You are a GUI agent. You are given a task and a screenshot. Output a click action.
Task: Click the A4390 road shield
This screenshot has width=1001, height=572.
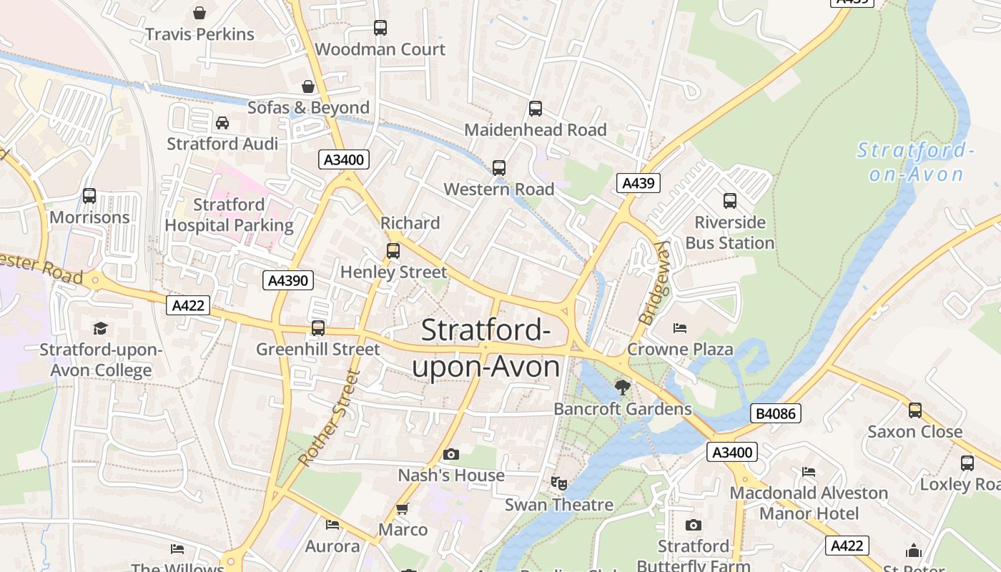pyautogui.click(x=288, y=280)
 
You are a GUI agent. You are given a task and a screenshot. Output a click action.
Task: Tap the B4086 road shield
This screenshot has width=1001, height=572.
pyautogui.click(x=776, y=413)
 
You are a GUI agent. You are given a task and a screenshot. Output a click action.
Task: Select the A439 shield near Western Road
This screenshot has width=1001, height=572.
pyautogui.click(x=638, y=183)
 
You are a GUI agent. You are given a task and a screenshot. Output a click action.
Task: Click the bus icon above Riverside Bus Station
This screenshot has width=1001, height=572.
pyautogui.click(x=730, y=201)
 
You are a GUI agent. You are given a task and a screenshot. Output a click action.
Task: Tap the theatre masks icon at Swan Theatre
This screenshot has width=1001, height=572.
pyautogui.click(x=559, y=483)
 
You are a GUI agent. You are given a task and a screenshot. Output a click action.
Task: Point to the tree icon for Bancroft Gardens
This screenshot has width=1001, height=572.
pyautogui.click(x=623, y=388)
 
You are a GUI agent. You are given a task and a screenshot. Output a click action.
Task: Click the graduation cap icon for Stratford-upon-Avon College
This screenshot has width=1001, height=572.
pyautogui.click(x=100, y=328)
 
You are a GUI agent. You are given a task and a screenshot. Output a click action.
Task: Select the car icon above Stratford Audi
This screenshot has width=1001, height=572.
pyautogui.click(x=222, y=123)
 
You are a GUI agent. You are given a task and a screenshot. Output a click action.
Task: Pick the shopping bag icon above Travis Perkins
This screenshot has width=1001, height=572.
pyautogui.click(x=199, y=13)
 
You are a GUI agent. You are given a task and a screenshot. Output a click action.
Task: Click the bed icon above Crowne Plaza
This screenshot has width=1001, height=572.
pyautogui.click(x=680, y=328)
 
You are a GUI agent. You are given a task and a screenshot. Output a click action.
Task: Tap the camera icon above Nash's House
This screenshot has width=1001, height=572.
pyautogui.click(x=450, y=454)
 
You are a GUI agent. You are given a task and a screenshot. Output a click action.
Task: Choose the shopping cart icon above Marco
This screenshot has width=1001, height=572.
pyautogui.click(x=402, y=508)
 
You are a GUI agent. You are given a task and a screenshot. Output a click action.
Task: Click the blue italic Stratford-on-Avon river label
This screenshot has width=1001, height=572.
pyautogui.click(x=916, y=162)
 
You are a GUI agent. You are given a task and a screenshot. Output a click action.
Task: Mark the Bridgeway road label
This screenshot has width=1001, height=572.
pyautogui.click(x=652, y=283)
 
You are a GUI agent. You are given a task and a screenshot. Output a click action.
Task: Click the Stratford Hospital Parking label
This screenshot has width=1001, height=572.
pyautogui.click(x=229, y=215)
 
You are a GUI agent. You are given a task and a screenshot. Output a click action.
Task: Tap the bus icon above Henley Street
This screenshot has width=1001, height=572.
pyautogui.click(x=393, y=251)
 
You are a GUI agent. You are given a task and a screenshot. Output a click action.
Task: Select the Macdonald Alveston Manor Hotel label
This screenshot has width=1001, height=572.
pyautogui.click(x=809, y=503)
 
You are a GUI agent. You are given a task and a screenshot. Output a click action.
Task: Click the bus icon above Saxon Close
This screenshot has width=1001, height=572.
pyautogui.click(x=914, y=410)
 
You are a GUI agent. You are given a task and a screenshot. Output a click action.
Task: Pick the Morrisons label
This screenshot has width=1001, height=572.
pyautogui.click(x=90, y=217)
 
